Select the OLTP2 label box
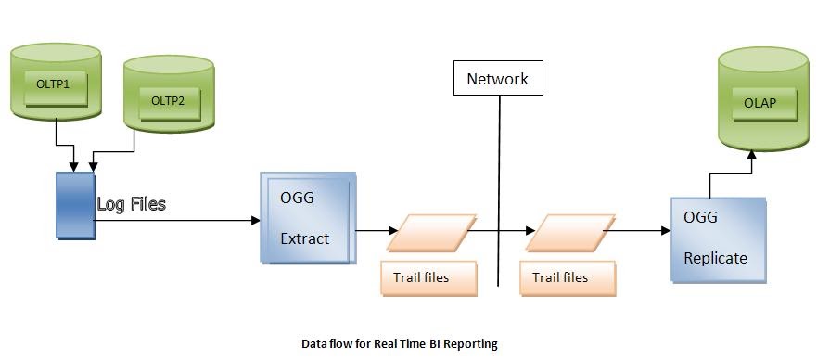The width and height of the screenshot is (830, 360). coord(168,100)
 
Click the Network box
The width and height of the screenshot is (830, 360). coord(497,79)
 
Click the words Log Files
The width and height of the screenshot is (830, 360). coord(131,203)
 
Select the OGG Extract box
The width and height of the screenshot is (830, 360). coord(307,218)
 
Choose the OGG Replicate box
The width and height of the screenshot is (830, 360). coord(718,239)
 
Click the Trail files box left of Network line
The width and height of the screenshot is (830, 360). coord(428,277)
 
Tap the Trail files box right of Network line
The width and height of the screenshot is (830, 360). coord(566,277)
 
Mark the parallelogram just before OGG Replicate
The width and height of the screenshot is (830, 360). coord(569,233)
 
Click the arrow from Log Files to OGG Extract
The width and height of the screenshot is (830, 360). coord(176,221)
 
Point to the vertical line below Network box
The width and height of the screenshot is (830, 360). coord(499,186)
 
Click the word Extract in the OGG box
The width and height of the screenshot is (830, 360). coord(304,238)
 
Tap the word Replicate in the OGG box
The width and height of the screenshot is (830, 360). coord(715,258)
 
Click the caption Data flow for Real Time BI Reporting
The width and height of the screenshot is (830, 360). coord(400,343)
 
